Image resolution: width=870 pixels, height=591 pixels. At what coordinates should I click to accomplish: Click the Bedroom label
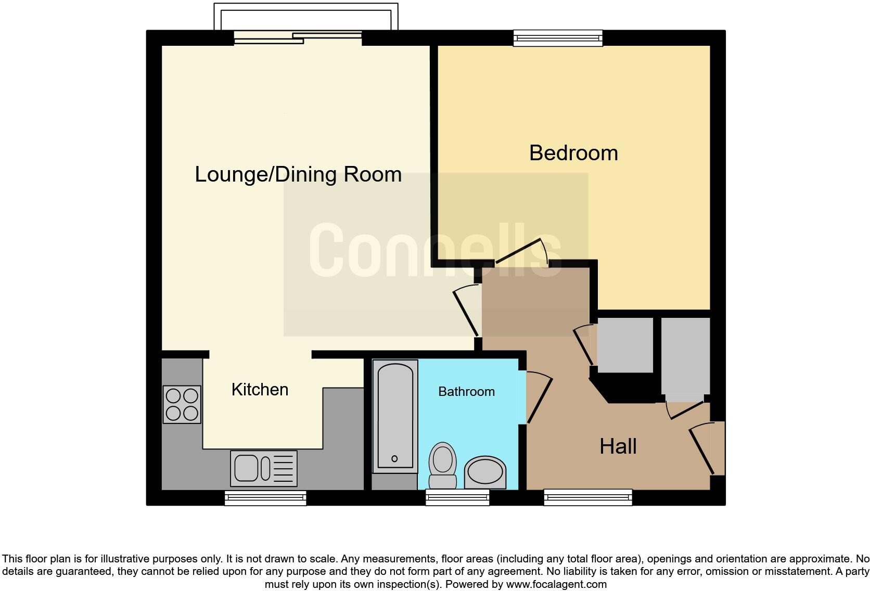coord(573,153)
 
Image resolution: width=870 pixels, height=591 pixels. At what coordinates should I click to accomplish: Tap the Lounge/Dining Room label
coord(298,174)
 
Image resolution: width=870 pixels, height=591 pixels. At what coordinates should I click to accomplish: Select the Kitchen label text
coord(260,389)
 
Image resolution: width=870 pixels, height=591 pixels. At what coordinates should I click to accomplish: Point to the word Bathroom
coord(466,391)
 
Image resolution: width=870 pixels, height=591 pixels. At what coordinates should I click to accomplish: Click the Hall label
coord(618,446)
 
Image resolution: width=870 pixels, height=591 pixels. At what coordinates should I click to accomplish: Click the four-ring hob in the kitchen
coord(182,404)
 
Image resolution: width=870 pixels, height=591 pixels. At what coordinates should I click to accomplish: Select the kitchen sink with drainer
coord(264,468)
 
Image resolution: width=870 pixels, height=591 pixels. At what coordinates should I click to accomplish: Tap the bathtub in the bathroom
coord(395,416)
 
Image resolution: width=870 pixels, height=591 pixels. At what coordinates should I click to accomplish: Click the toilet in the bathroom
coord(443,466)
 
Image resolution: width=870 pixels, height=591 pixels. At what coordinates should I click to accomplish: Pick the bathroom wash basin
coord(485,472)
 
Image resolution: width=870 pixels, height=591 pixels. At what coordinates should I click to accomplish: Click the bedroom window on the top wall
coord(558,37)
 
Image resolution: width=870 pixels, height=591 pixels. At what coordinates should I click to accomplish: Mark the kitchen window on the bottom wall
coord(265,498)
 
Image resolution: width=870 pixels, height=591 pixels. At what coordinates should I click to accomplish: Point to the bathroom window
coord(457,498)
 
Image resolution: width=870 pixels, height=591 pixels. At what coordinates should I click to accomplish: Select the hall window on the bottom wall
coord(588,498)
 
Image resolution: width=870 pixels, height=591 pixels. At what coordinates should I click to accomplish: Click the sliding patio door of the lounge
coord(298,37)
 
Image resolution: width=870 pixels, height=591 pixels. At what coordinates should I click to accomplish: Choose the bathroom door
coord(538,398)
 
